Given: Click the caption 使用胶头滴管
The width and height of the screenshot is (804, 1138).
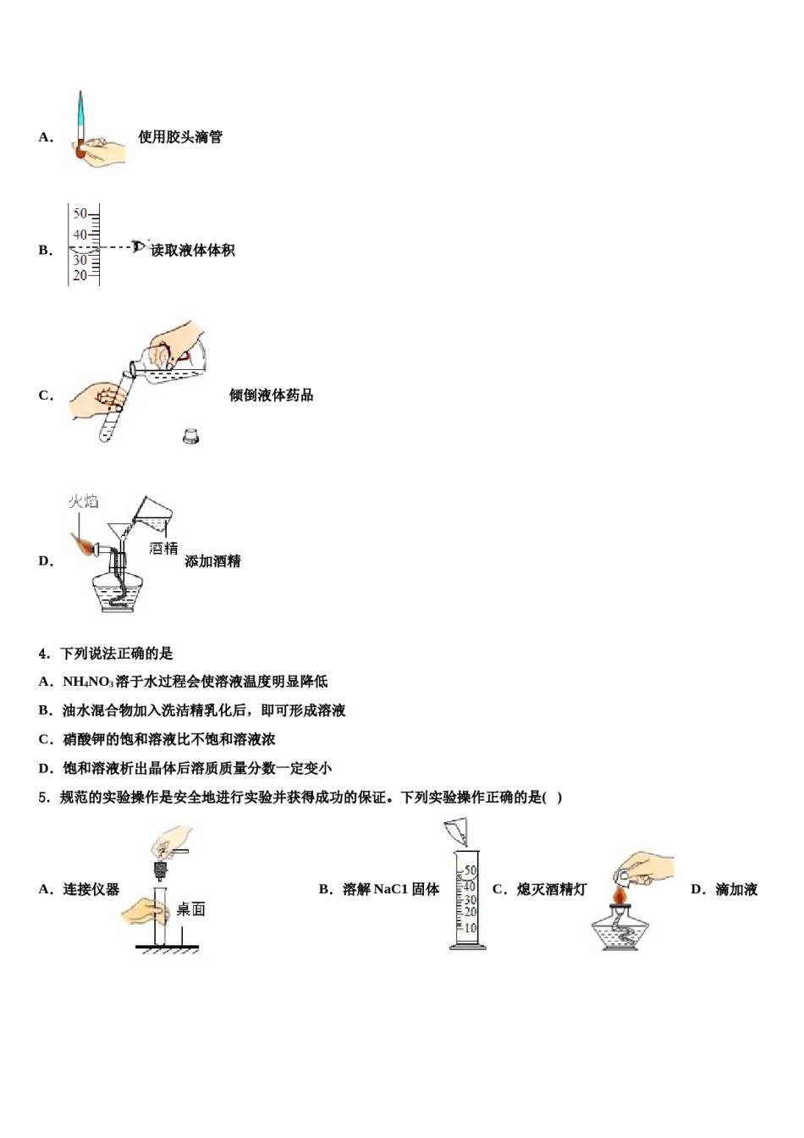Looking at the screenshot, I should [180, 137].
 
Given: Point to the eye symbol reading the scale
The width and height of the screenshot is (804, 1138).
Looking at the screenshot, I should [139, 246].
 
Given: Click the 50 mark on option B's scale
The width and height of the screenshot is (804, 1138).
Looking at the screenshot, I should [80, 213].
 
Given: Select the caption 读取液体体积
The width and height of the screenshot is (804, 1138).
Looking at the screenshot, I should [193, 251].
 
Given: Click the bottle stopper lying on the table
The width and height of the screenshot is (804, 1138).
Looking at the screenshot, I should [191, 436].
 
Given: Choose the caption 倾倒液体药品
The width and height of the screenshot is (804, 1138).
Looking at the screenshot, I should [271, 395].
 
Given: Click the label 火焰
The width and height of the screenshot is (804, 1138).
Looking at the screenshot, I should [83, 501].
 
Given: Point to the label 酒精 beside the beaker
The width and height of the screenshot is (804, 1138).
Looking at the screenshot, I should [163, 549].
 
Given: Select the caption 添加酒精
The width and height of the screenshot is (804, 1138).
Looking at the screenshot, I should [212, 561].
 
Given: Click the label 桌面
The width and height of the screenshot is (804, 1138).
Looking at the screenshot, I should [190, 909].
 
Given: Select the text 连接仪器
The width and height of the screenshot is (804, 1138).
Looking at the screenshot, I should [91, 889].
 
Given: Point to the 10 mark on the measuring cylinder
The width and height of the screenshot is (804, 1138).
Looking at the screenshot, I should [470, 928].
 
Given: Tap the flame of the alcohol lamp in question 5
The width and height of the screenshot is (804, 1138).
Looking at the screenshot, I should [620, 893].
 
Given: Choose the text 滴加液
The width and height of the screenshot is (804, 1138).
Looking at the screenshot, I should [736, 889].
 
